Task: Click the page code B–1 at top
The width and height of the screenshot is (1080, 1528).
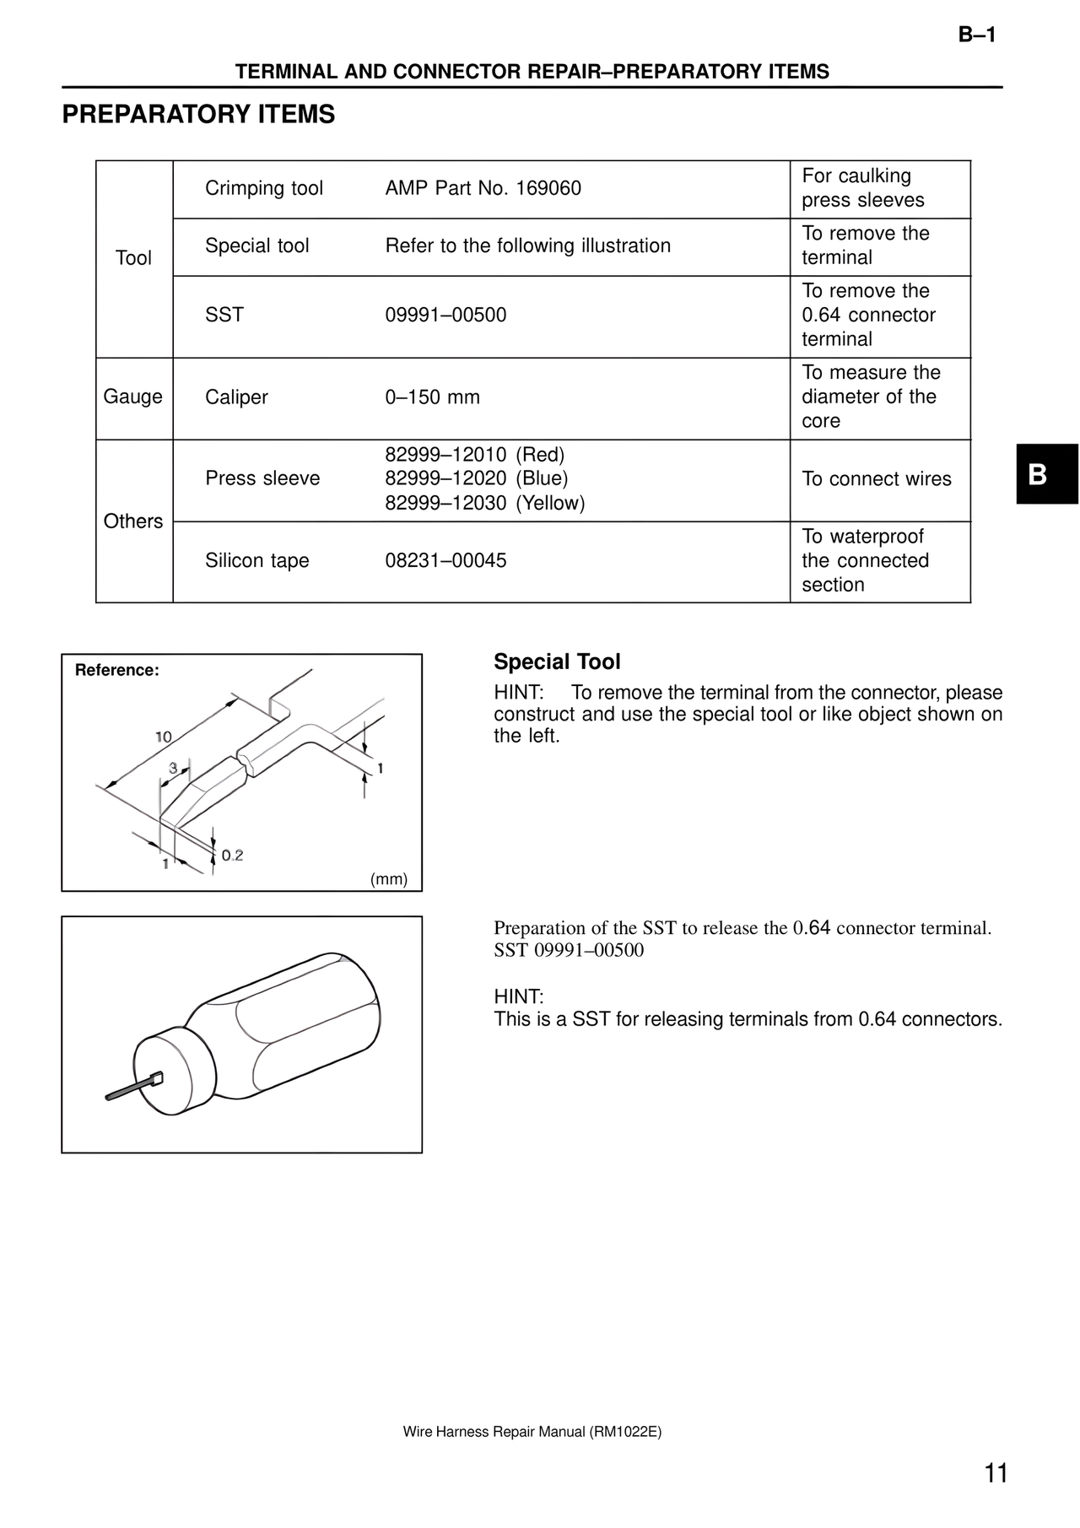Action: click(977, 35)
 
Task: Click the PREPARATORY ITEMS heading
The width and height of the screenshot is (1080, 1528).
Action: click(198, 115)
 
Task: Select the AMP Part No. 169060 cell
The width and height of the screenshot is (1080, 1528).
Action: click(483, 188)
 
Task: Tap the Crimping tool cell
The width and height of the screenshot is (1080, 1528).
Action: click(264, 188)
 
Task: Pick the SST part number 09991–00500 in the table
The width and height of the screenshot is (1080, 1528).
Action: click(445, 316)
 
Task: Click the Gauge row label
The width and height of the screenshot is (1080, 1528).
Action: click(132, 397)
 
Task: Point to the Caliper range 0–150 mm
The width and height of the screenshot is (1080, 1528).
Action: click(432, 397)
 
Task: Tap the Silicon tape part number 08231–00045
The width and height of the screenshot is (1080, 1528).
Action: click(445, 561)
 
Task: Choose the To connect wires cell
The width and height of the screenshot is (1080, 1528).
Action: click(876, 479)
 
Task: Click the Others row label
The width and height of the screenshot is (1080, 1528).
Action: click(132, 521)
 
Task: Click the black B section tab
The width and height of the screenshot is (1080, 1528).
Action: click(1046, 474)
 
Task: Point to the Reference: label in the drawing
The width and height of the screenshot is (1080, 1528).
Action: click(116, 671)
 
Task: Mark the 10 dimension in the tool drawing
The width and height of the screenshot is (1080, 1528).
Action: click(163, 737)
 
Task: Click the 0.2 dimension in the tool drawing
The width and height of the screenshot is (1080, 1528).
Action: click(232, 856)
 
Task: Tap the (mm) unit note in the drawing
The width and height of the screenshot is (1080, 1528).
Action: click(389, 879)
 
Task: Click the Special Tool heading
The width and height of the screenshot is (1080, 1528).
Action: click(557, 662)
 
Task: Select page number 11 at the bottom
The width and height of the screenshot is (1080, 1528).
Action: click(996, 1473)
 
